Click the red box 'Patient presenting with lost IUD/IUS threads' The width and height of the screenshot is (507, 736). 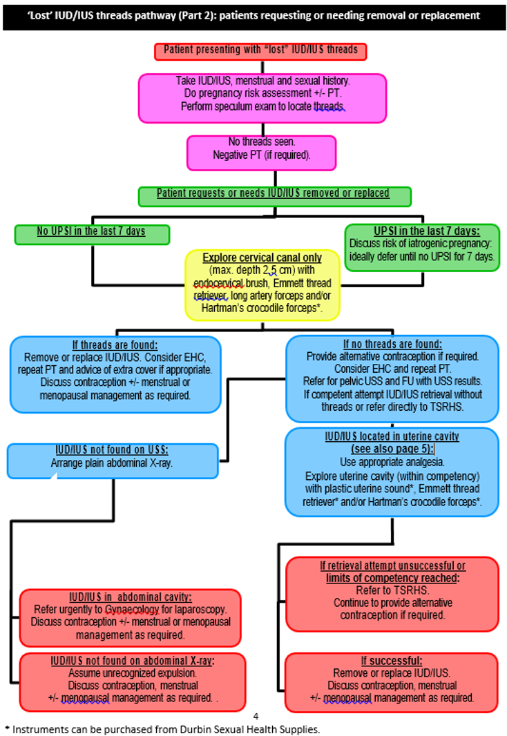260,51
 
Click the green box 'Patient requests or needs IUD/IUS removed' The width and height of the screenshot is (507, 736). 274,194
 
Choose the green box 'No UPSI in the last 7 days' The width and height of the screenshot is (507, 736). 91,231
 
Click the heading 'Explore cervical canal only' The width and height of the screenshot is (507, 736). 262,258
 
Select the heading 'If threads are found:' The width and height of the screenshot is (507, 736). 115,345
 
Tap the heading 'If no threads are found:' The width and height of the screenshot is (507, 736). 392,344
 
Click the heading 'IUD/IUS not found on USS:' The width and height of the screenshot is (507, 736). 111,450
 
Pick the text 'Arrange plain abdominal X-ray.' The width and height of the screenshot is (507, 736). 111,463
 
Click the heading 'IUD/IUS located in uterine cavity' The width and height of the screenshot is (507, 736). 392,436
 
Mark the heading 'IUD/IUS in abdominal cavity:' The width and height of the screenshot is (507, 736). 131,597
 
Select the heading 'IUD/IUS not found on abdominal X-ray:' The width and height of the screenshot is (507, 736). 133,661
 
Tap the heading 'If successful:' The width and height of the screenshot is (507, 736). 391,661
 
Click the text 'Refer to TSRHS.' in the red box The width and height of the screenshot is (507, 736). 392,591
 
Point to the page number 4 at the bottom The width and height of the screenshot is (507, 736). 256,717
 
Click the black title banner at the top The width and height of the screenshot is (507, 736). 253,15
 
